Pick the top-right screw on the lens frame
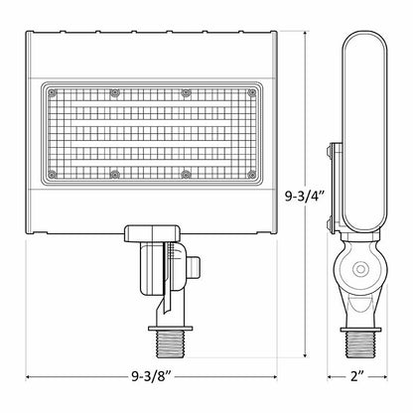click(185, 92)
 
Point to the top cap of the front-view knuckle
click(151, 232)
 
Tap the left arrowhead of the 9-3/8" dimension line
click(29, 377)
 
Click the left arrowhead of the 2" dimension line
click(334, 377)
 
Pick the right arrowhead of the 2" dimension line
click(385, 377)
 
